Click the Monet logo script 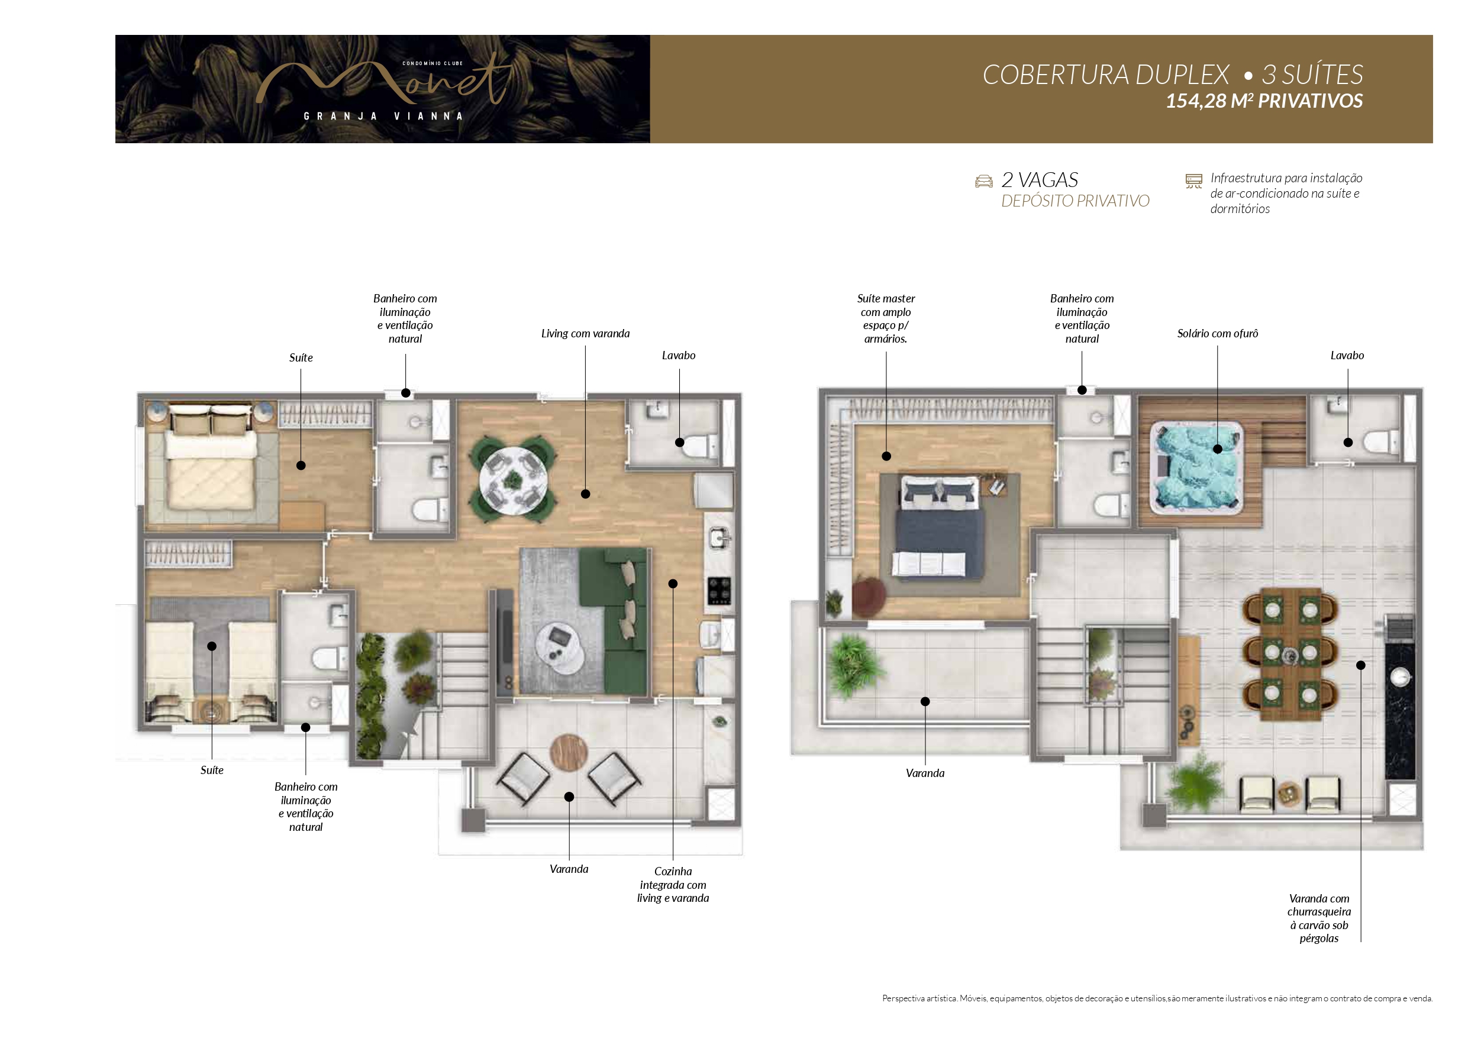(383, 83)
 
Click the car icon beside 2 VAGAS (983, 181)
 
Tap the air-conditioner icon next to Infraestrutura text (1193, 181)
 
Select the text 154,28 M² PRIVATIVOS (1264, 101)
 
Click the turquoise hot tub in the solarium (1196, 468)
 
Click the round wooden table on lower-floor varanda (569, 753)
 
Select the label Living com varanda (585, 333)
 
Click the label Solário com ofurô (1217, 333)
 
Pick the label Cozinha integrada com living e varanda (673, 885)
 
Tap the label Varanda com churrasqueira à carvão (1319, 918)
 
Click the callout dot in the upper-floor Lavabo (1348, 442)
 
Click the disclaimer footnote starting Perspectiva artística (1157, 998)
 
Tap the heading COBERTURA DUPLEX (1105, 75)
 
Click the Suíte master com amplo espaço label (886, 318)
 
